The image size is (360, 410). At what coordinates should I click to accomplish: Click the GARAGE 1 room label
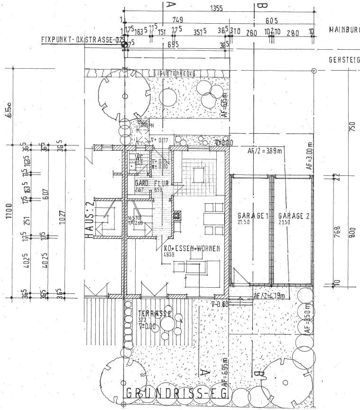253,216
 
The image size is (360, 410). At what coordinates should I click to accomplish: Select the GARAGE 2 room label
294,216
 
